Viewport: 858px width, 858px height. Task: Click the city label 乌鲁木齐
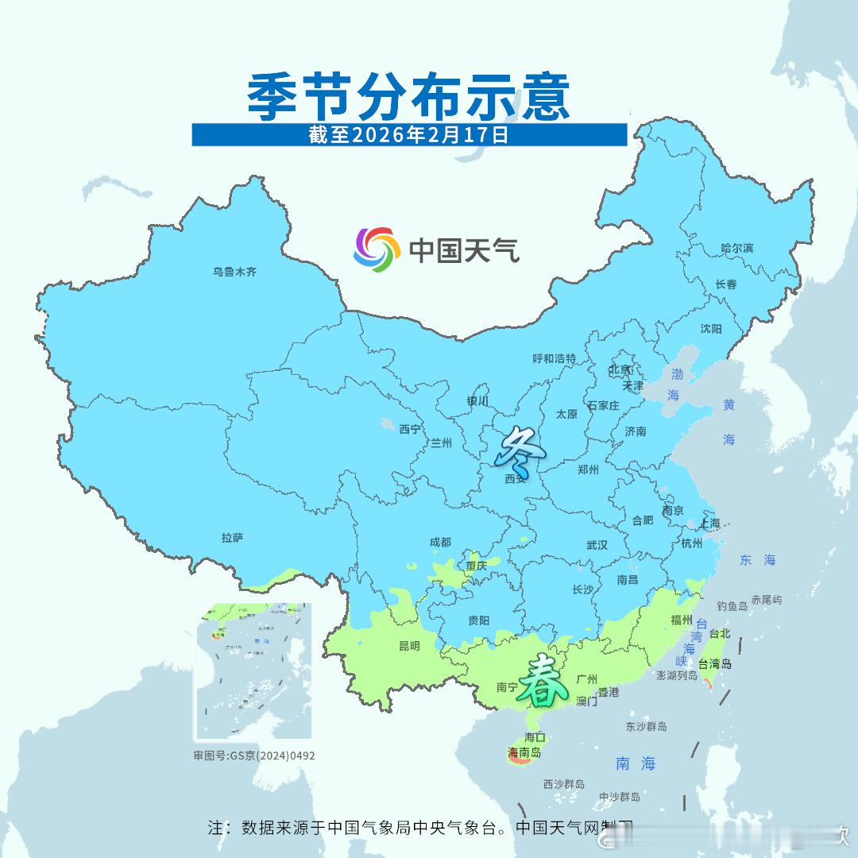(x=234, y=272)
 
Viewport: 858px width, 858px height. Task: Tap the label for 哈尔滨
(x=736, y=249)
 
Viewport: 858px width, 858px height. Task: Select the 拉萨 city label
(x=232, y=538)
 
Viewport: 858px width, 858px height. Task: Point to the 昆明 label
(x=409, y=646)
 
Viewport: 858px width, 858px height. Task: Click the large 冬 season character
(x=520, y=450)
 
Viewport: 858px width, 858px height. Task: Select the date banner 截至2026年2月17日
(x=409, y=134)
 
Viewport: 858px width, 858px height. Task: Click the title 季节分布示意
(x=409, y=97)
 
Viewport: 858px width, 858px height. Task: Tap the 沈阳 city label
(x=711, y=329)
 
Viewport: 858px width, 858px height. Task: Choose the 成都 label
(x=440, y=542)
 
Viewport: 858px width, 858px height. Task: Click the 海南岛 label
(x=524, y=752)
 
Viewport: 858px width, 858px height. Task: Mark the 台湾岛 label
(x=715, y=664)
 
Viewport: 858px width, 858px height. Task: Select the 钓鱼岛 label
(x=732, y=606)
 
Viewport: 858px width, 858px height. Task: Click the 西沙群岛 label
(x=564, y=784)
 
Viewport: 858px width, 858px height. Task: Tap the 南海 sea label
(x=636, y=763)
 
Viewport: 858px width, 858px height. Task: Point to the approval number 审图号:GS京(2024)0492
(x=254, y=756)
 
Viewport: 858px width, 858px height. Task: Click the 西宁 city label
(x=410, y=429)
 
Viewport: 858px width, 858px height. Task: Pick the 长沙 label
(x=582, y=589)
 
